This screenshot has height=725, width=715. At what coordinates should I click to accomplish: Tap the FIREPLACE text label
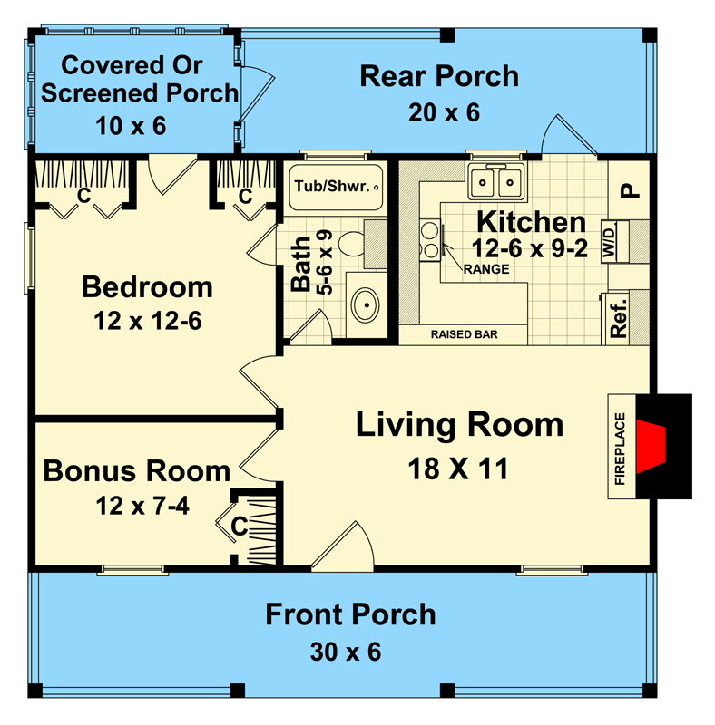point(621,449)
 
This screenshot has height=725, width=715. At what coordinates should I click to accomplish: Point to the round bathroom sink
point(365,304)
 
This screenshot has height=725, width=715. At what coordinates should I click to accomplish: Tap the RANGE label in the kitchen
point(481,269)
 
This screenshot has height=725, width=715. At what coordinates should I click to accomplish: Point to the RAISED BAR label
point(463,334)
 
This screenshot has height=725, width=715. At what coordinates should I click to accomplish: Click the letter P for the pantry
point(626,191)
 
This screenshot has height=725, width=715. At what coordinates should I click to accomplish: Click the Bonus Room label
point(136,471)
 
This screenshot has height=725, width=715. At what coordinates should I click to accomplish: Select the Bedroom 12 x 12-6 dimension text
point(147,320)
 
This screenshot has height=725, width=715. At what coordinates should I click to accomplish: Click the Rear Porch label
point(439,76)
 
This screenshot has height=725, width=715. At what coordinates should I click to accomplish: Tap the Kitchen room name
point(531,222)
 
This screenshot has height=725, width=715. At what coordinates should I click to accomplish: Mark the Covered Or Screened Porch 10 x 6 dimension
point(132,126)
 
